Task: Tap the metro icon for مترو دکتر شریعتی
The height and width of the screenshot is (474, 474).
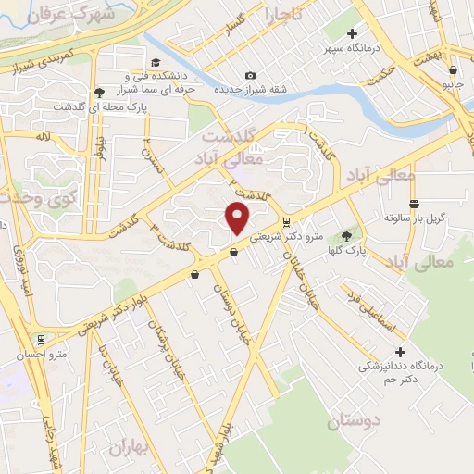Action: click(x=286, y=222)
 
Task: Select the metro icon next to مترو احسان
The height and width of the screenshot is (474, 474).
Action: click(x=40, y=340)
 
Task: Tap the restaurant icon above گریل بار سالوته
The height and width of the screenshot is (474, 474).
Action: click(x=414, y=203)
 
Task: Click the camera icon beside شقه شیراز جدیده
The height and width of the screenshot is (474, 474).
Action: click(x=250, y=75)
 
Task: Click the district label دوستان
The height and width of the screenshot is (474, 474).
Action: click(x=353, y=422)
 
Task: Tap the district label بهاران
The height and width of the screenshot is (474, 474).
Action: click(x=130, y=447)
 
